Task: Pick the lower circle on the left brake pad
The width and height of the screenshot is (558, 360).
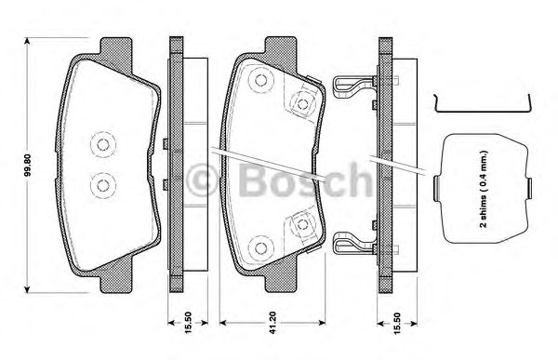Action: click(x=100, y=185)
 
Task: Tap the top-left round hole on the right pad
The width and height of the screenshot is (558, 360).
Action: click(x=261, y=82)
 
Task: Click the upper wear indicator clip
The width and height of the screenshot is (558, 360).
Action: click(x=350, y=85)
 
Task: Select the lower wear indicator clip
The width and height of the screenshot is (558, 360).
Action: click(x=350, y=245)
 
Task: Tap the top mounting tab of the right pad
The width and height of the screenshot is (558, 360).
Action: click(x=279, y=47)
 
